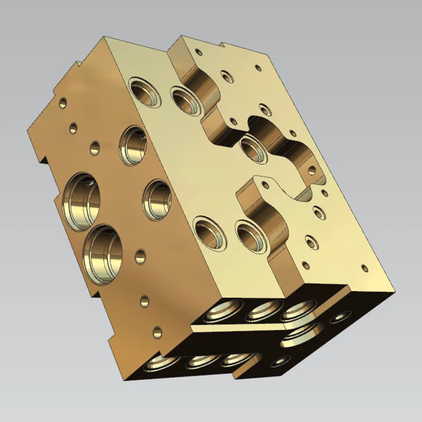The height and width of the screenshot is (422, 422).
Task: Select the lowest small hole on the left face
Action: (x=157, y=332)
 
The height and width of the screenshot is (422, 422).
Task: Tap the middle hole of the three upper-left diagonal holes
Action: (x=74, y=127)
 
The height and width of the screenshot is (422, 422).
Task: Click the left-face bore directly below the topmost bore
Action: (x=157, y=200)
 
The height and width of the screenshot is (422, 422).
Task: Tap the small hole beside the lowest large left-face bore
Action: (x=140, y=256)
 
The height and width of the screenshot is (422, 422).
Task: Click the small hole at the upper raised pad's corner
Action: (x=198, y=52)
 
